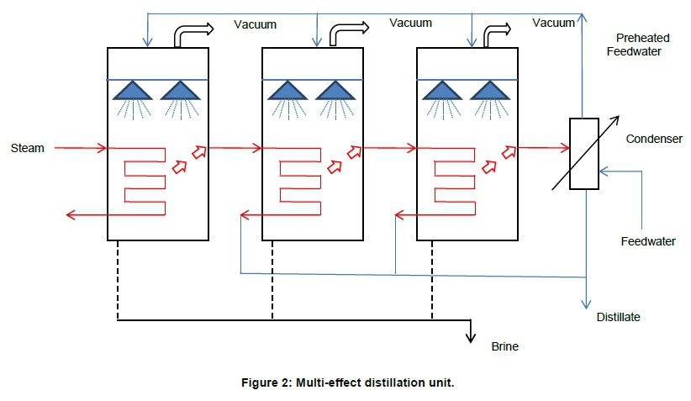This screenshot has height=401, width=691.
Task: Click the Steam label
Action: [27, 149]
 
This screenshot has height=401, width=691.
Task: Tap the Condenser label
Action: [653, 139]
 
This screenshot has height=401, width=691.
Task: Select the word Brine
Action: [504, 346]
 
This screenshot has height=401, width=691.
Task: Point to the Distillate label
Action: [618, 317]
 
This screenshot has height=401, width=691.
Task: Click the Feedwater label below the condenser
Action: [648, 241]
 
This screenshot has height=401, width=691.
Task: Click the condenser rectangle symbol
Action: [583, 153]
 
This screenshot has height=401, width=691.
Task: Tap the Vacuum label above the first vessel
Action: [255, 25]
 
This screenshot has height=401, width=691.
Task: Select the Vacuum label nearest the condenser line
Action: [554, 23]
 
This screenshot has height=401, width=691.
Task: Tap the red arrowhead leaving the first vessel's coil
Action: [71, 216]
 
